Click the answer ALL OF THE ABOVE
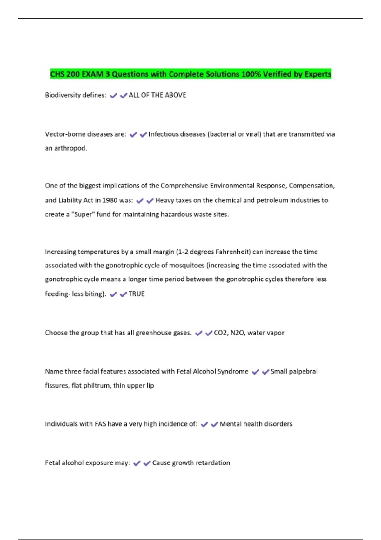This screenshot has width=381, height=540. (157, 95)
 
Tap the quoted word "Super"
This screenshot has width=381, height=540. (83, 214)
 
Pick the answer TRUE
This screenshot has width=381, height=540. (137, 294)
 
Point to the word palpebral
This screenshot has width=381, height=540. (303, 372)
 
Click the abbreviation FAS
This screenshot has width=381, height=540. (100, 424)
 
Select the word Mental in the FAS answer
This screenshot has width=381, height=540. (230, 424)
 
